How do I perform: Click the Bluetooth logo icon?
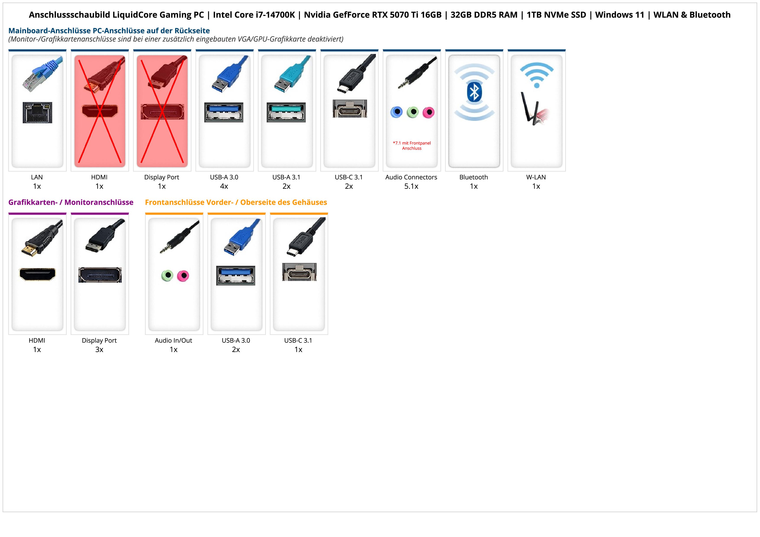[474, 92]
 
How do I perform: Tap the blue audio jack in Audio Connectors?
[396, 112]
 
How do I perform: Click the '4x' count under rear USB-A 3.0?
[224, 186]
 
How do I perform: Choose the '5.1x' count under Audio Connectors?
[411, 186]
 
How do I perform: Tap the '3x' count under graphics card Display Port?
[99, 349]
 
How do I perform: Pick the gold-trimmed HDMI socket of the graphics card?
[37, 274]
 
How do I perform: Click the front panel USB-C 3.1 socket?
[299, 272]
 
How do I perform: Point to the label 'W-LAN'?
[536, 177]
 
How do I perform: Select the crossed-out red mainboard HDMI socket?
[100, 111]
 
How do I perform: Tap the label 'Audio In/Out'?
[174, 341]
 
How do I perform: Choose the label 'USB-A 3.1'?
[286, 177]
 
